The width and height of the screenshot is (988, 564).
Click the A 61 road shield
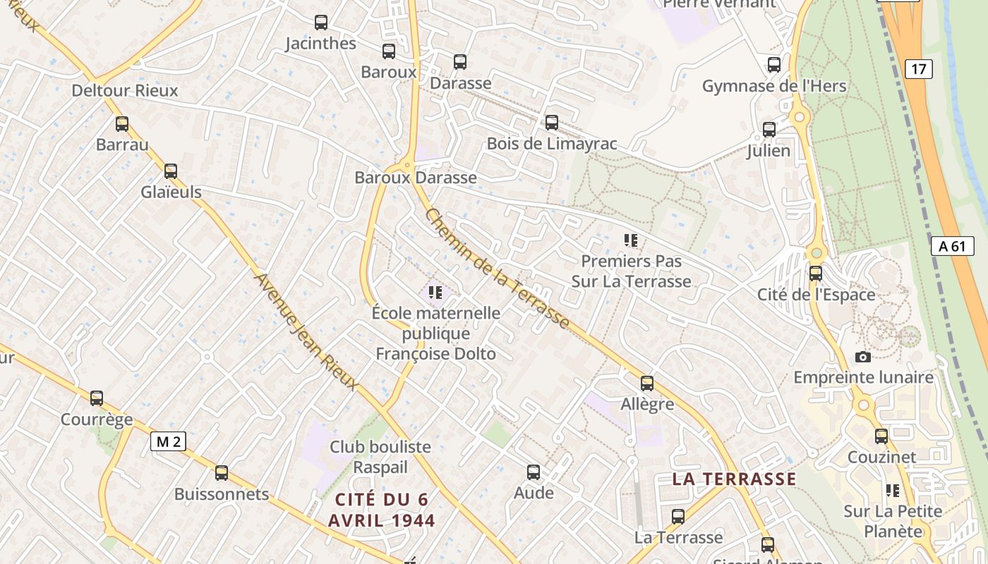(952, 246)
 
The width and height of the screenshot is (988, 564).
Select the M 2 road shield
(168, 442)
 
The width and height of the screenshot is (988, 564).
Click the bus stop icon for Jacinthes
(321, 23)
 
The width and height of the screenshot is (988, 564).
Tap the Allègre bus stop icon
(647, 384)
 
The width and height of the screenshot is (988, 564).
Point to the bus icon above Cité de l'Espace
(816, 274)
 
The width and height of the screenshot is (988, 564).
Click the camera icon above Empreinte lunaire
(862, 357)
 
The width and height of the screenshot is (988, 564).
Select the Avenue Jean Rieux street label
(306, 331)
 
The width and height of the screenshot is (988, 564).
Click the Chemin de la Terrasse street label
(497, 269)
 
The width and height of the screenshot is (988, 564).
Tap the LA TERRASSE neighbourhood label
(734, 479)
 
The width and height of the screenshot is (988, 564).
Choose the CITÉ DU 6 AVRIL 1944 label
(382, 510)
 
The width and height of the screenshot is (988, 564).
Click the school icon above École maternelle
(435, 292)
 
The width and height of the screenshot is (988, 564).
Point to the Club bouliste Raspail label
(380, 457)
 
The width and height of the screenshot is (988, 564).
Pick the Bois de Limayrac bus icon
(552, 123)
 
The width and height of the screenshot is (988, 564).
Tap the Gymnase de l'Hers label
(773, 86)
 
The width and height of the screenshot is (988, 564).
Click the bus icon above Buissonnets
(222, 473)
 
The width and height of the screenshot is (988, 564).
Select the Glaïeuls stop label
(171, 192)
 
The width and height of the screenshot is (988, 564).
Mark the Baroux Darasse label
(416, 178)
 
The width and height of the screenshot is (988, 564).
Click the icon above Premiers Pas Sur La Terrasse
(631, 240)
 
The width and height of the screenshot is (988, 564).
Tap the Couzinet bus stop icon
(881, 436)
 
